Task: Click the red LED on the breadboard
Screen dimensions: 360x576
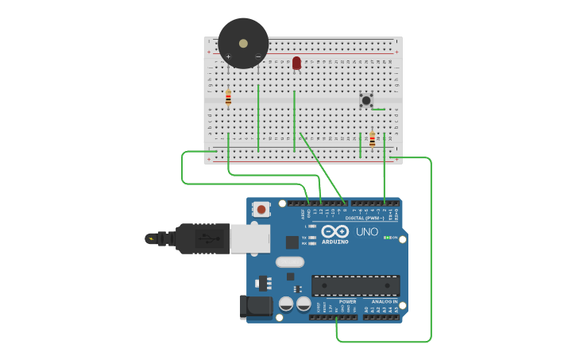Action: coord(296,63)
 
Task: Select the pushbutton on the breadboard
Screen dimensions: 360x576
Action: coord(365,100)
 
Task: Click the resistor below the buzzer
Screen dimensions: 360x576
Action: coord(228,98)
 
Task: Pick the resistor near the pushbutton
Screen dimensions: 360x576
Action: coord(372,139)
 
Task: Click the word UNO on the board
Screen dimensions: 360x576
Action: coord(367,232)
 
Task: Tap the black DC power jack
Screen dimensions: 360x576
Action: coord(256,307)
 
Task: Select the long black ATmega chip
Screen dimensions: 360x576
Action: coord(355,285)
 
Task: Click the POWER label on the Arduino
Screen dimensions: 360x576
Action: coord(348,302)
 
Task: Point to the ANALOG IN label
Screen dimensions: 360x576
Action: coord(385,302)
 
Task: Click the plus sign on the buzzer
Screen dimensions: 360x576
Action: coord(228,56)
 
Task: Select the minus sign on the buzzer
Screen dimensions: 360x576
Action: coord(257,56)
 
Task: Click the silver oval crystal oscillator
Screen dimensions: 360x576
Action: coord(290,261)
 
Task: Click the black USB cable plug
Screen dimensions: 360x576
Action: coord(199,238)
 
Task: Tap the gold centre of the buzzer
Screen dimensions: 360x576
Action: coord(243,42)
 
